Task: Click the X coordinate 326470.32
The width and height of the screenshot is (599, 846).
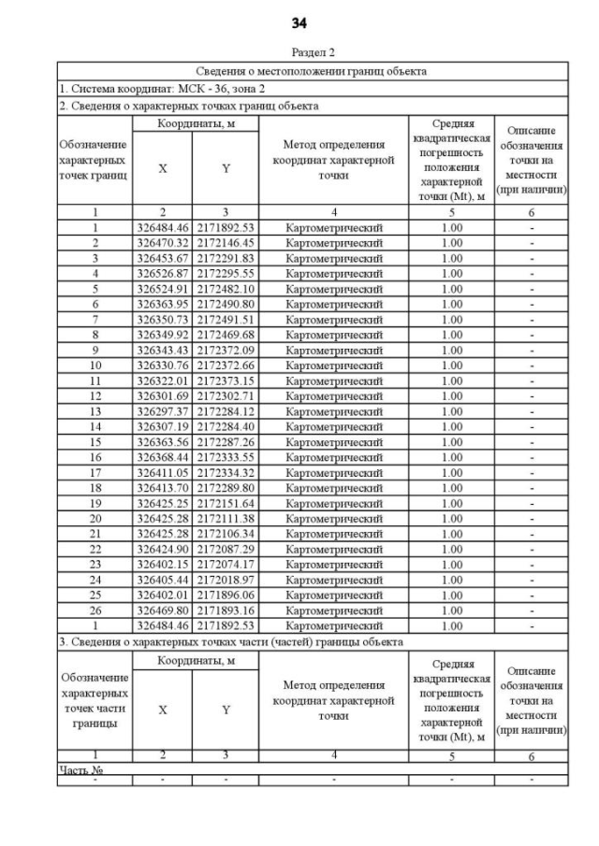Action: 162,242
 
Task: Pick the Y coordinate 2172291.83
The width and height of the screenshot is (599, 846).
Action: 226,258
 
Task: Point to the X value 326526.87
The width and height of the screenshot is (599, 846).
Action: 162,273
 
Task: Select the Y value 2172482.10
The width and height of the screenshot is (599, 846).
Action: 226,289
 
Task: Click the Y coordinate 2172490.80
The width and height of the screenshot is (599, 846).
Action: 226,304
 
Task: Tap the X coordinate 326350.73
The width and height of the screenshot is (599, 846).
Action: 162,320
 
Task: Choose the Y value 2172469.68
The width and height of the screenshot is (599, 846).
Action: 226,335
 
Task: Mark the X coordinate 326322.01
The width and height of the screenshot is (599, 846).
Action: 162,380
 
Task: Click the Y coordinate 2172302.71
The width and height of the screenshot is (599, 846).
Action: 226,396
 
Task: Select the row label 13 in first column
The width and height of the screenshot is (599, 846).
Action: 95,411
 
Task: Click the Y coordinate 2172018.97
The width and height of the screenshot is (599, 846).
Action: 226,580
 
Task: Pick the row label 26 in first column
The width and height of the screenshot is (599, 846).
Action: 95,610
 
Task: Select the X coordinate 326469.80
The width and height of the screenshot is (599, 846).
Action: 162,610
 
